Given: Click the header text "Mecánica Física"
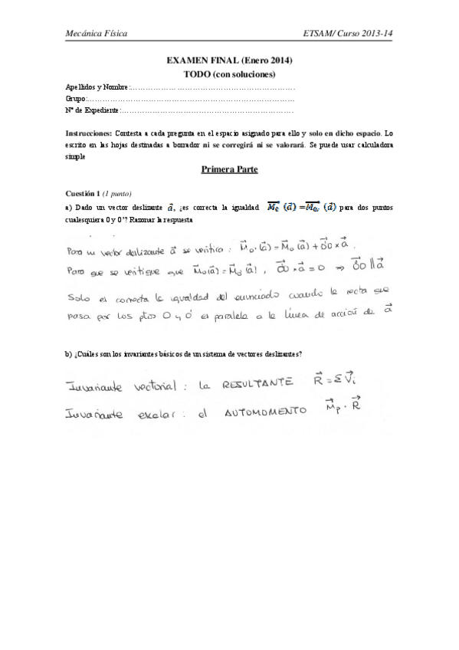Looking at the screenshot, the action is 96,34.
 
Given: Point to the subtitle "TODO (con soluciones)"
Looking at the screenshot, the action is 230,74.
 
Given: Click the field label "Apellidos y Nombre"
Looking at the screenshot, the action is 97,88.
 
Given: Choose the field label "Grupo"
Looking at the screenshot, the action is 77,100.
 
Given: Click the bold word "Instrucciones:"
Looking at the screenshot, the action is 90,133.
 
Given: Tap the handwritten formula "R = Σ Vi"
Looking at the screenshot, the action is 335,378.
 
